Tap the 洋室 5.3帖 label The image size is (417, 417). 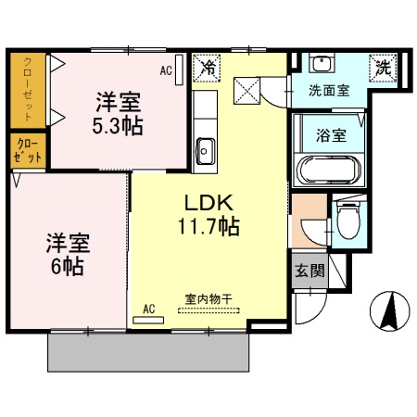tap(119, 113)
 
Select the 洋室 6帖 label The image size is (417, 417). tap(68, 256)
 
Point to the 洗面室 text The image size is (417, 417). tap(329, 92)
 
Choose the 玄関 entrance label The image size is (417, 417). tap(310, 271)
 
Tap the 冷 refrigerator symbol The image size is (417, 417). tap(208, 68)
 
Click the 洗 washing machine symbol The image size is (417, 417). tap(382, 66)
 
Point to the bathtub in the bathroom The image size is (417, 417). tap(329, 171)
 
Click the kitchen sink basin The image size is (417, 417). tap(206, 148)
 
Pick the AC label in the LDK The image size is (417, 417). tap(148, 309)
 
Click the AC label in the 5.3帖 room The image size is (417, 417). tap(166, 69)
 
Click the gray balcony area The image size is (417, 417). tap(148, 352)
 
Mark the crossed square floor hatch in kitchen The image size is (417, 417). tap(246, 90)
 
